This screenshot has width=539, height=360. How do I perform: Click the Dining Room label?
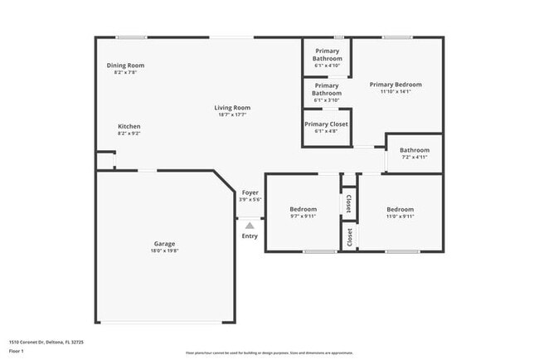click(x=125, y=66)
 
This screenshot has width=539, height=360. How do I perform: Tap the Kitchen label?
click(x=129, y=126)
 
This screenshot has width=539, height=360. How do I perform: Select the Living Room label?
click(x=232, y=108)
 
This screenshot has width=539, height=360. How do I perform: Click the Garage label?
click(x=164, y=243)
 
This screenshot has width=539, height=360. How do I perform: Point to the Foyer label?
click(x=250, y=192)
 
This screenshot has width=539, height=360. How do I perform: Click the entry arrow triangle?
click(x=250, y=224)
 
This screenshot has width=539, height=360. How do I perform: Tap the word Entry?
click(x=250, y=236)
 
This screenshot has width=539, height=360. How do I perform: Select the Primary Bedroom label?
click(x=396, y=85)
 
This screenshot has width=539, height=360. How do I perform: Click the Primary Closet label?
click(x=326, y=124)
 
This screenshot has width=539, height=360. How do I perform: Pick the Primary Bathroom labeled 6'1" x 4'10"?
click(x=327, y=55)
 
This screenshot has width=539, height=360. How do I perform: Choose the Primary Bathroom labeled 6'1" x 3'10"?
click(x=327, y=90)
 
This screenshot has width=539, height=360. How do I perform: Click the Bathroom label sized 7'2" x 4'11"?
click(x=414, y=150)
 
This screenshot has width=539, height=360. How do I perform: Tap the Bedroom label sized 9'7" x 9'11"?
click(x=303, y=209)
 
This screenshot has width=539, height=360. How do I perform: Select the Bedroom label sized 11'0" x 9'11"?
click(x=400, y=209)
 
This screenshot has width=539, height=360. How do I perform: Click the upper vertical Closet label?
click(x=348, y=203)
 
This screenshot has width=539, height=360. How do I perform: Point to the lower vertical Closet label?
click(x=349, y=237)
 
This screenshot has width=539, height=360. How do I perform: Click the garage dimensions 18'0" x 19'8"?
click(x=164, y=251)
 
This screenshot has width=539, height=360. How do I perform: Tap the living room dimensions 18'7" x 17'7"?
click(x=232, y=114)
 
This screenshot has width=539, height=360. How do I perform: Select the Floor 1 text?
click(x=17, y=351)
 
